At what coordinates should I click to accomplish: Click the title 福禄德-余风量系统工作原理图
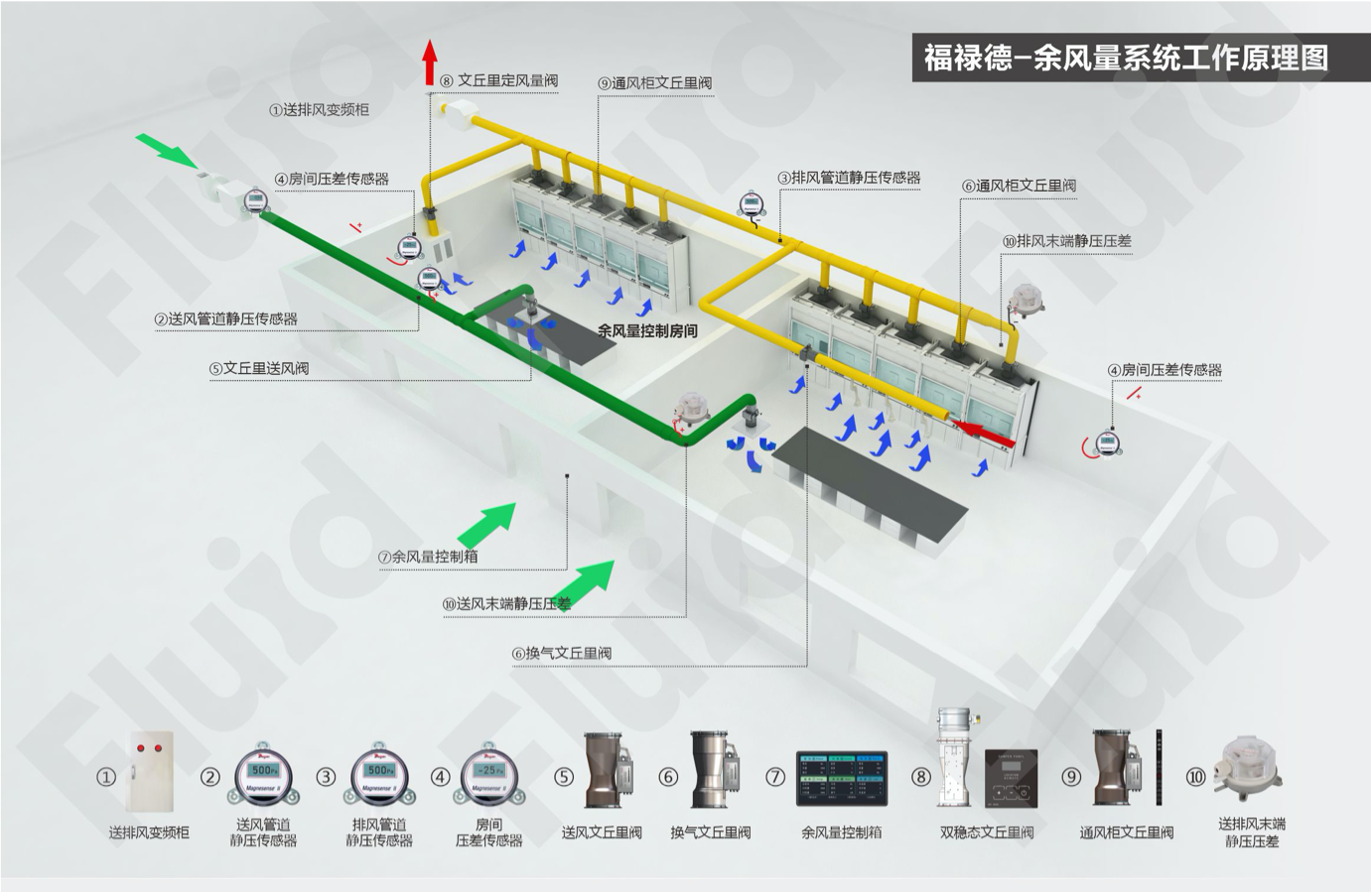pyautogui.click(x=1126, y=58)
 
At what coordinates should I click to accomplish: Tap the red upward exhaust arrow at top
pyautogui.click(x=430, y=62)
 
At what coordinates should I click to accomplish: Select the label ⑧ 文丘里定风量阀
pyautogui.click(x=498, y=80)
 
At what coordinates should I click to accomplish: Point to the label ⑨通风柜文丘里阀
pyautogui.click(x=654, y=83)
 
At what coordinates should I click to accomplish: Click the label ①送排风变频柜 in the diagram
pyautogui.click(x=319, y=110)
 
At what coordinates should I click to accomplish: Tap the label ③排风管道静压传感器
pyautogui.click(x=849, y=179)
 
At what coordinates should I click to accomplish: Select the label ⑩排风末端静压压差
pyautogui.click(x=1066, y=241)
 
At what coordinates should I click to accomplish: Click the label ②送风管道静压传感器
pyautogui.click(x=225, y=319)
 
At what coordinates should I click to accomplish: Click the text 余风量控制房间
pyautogui.click(x=647, y=331)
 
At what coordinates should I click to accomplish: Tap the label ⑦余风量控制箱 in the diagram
pyautogui.click(x=427, y=558)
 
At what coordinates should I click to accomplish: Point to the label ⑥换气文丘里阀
pyautogui.click(x=561, y=654)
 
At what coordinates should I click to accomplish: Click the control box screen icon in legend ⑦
pyautogui.click(x=842, y=778)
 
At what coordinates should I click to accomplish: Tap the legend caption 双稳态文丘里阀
pyautogui.click(x=987, y=833)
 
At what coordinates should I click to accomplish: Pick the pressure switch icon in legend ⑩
pyautogui.click(x=1249, y=767)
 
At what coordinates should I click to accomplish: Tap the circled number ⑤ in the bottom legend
pyautogui.click(x=564, y=777)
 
